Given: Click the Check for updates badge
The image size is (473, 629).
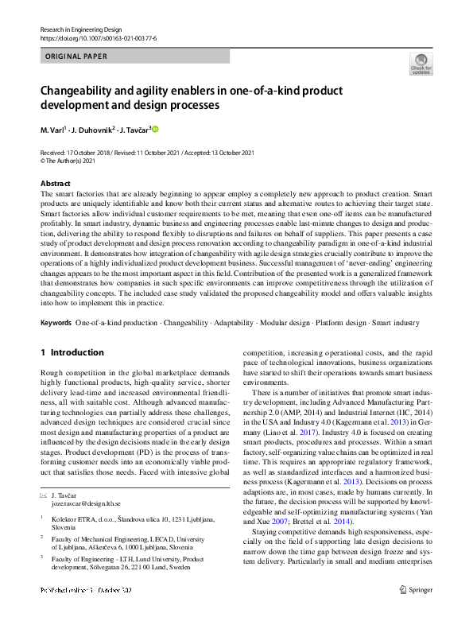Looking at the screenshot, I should point(421,64).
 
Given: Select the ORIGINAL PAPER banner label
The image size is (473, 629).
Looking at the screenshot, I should point(77,56).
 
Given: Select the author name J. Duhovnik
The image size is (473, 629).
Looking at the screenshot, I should point(94,129).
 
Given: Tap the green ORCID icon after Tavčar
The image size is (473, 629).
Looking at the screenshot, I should point(156,129).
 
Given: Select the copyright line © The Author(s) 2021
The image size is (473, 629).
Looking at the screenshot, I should point(74,160).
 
